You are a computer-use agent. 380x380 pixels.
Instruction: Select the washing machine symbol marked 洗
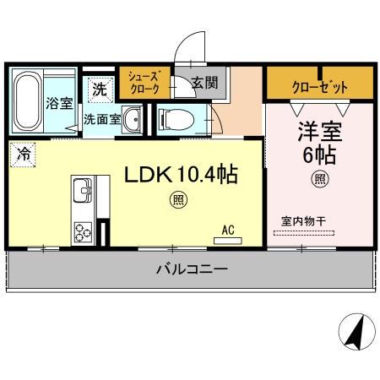point(99,87)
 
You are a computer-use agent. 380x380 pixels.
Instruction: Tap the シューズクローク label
point(143,81)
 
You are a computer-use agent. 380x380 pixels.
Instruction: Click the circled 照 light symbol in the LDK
point(178,198)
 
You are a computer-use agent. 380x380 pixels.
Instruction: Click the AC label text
point(227,228)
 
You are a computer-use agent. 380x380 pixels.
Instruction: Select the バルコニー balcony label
point(190,269)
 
